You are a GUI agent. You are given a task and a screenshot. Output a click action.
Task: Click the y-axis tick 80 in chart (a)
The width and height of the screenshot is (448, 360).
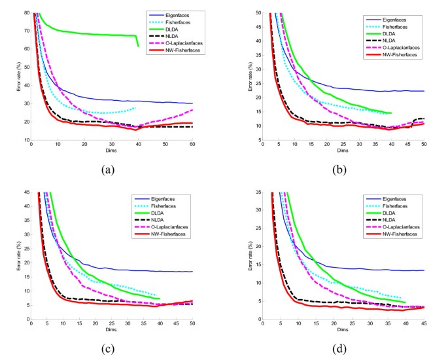click(x=26, y=12)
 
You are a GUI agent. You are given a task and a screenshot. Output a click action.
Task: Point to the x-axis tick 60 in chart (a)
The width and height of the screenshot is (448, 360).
click(x=193, y=146)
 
